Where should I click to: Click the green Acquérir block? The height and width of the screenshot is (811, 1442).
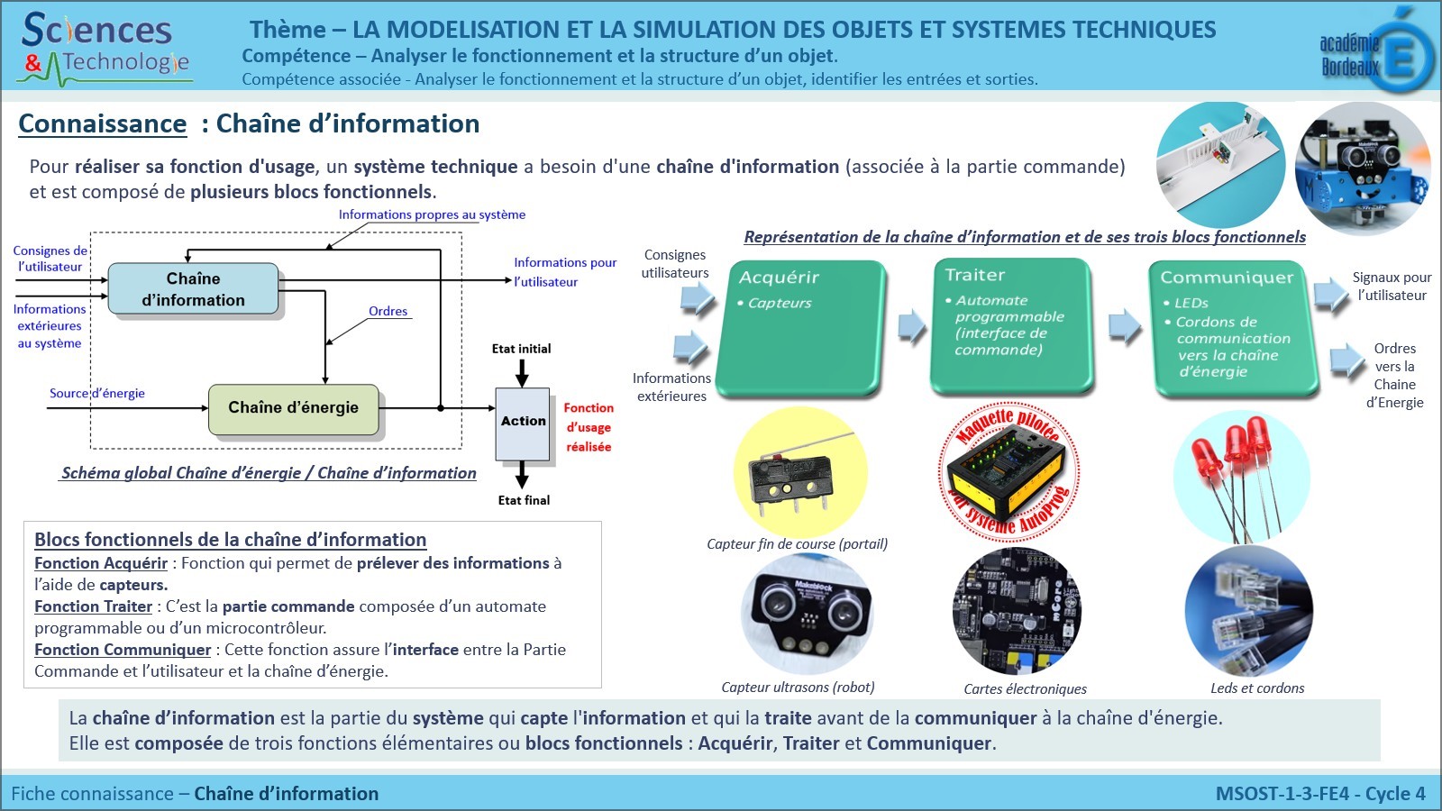click(x=800, y=326)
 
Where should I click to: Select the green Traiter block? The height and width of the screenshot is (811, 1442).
click(x=1011, y=324)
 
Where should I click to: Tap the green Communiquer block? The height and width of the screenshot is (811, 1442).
click(x=1233, y=326)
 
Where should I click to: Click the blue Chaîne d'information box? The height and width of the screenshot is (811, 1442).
click(x=193, y=289)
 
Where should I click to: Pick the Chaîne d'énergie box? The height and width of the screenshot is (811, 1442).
click(x=293, y=408)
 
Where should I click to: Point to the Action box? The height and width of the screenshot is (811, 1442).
click(x=523, y=423)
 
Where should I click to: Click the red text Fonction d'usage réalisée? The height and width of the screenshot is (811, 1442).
click(x=589, y=427)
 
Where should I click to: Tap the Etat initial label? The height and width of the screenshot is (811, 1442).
click(x=521, y=349)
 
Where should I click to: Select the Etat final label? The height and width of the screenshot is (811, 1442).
click(x=524, y=500)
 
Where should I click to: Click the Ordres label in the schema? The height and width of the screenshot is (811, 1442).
click(x=388, y=311)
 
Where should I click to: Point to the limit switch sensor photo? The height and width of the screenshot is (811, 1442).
click(x=800, y=473)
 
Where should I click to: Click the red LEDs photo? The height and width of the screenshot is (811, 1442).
click(x=1240, y=476)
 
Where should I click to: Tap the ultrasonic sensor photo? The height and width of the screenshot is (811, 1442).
click(x=807, y=613)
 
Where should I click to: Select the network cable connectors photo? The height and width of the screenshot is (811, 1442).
click(x=1249, y=611)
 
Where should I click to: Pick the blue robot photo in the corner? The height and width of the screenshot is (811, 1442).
click(x=1363, y=169)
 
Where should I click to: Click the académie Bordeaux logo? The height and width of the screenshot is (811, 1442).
click(x=1375, y=52)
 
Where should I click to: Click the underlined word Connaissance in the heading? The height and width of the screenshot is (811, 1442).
click(x=103, y=124)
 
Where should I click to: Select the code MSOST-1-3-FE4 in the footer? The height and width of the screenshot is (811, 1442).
click(x=1282, y=794)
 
